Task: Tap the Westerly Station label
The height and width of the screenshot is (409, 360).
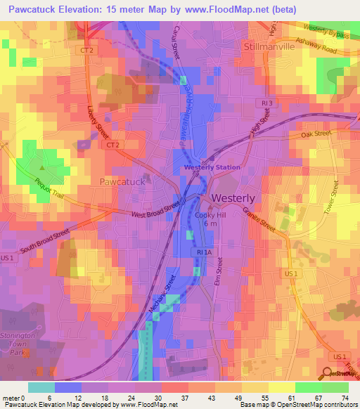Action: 212,167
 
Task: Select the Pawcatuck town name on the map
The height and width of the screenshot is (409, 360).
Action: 122,181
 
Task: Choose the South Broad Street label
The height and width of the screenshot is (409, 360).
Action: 44,240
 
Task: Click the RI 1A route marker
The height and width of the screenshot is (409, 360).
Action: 204,252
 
